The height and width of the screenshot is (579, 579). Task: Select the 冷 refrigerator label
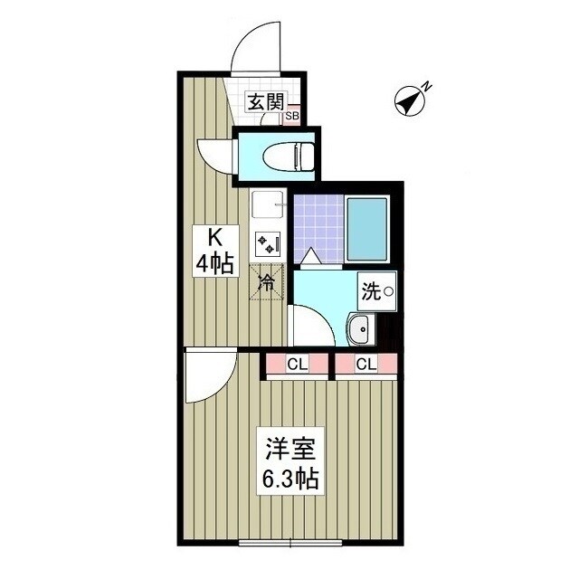tap(268, 281)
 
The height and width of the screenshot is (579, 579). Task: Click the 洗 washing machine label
tap(371, 291)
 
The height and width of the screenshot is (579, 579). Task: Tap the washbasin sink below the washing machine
tap(359, 329)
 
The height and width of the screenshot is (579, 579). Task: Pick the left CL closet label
tap(296, 365)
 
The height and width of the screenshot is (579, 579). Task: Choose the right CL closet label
tap(365, 365)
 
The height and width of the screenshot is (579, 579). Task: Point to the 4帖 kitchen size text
tap(216, 264)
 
